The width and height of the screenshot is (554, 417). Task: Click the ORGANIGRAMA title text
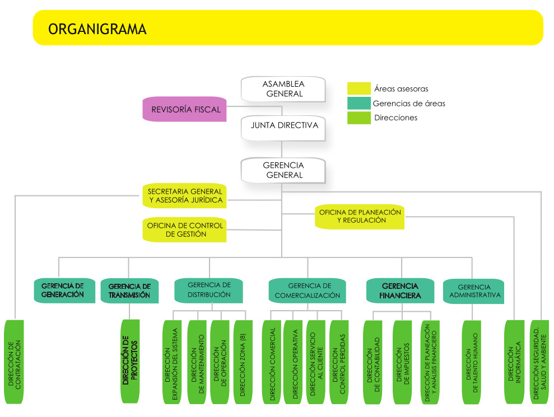pyautogui.click(x=97, y=29)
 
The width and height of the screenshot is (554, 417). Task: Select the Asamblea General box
pyautogui.click(x=284, y=89)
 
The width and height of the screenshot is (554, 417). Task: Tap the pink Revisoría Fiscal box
pyautogui.click(x=186, y=110)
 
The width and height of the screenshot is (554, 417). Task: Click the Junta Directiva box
pyautogui.click(x=284, y=126)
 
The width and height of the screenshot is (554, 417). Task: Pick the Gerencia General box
pyautogui.click(x=283, y=170)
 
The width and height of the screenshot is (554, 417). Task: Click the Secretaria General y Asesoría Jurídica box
pyautogui.click(x=185, y=195)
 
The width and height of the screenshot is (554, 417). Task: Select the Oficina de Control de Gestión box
pyautogui.click(x=185, y=230)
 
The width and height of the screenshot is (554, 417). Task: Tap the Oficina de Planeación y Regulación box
pyautogui.click(x=360, y=217)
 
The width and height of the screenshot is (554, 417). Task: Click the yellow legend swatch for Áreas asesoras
pyautogui.click(x=359, y=89)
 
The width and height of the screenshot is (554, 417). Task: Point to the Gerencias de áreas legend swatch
pyautogui.click(x=359, y=104)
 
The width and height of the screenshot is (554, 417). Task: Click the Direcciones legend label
pyautogui.click(x=395, y=118)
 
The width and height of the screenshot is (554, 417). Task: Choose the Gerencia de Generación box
pyautogui.click(x=63, y=291)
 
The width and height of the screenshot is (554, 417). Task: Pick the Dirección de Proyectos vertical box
pyautogui.click(x=130, y=361)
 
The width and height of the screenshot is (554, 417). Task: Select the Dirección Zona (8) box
pyautogui.click(x=243, y=362)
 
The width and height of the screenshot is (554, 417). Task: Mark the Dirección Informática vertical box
pyautogui.click(x=514, y=362)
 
